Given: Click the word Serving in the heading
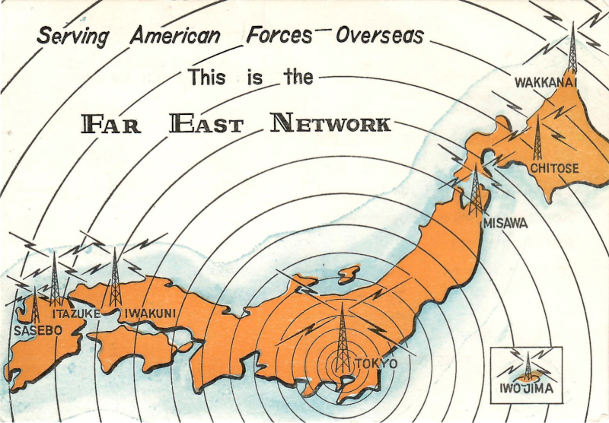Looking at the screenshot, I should point(74,36).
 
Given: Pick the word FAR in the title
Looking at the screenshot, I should point(111,124).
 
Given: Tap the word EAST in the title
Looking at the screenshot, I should point(206,123).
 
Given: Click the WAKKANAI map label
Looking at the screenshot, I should point(546,82).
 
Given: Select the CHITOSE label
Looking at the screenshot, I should point(554,167).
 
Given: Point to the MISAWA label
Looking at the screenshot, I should point(505,224).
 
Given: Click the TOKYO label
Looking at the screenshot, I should point(375,364).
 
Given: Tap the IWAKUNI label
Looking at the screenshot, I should point(150,312).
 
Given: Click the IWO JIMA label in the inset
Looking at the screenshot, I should point(526,391).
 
